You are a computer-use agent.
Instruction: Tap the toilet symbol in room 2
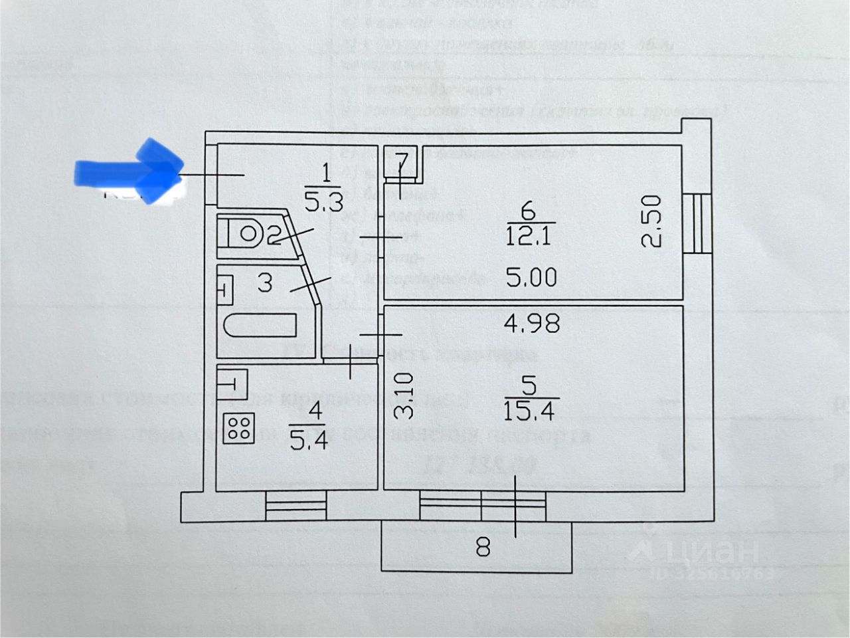[x=246, y=233]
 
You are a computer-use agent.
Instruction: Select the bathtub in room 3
[x=260, y=326]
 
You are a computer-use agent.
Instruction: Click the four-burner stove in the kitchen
[x=238, y=429]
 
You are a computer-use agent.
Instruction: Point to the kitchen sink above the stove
[x=231, y=383]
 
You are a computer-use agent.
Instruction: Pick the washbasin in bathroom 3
[x=225, y=290]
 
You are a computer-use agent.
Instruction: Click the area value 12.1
[x=529, y=237]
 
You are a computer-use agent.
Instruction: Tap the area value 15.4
[x=529, y=408]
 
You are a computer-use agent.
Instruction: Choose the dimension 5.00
[x=531, y=276]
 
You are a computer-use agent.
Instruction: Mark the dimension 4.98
[x=531, y=324]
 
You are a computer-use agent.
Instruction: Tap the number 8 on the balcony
[x=483, y=548]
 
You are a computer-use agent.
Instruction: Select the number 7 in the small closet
[x=400, y=161]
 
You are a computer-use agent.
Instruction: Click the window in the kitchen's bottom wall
[x=296, y=506]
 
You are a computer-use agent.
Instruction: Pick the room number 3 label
[x=264, y=282]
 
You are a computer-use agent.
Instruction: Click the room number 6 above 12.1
[x=529, y=212]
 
